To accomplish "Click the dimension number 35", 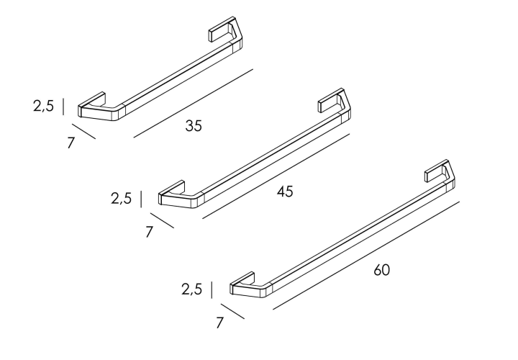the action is click(x=194, y=125).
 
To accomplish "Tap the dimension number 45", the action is click(x=285, y=192).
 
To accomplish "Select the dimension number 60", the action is click(x=381, y=270).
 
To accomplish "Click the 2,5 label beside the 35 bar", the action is click(x=43, y=106).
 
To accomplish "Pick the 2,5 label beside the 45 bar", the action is click(x=121, y=198).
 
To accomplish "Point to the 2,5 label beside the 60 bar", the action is click(x=191, y=289).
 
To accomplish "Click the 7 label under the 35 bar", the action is click(x=71, y=143).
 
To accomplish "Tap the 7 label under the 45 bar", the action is click(x=150, y=232).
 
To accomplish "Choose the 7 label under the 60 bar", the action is click(x=219, y=323).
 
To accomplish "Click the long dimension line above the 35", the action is click(x=194, y=103).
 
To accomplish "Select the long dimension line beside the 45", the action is click(x=276, y=176).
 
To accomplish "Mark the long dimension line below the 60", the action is click(x=366, y=255).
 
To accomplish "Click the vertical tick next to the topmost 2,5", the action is click(x=63, y=107).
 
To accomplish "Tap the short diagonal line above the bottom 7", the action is click(x=233, y=311).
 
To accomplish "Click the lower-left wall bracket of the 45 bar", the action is click(x=180, y=198).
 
